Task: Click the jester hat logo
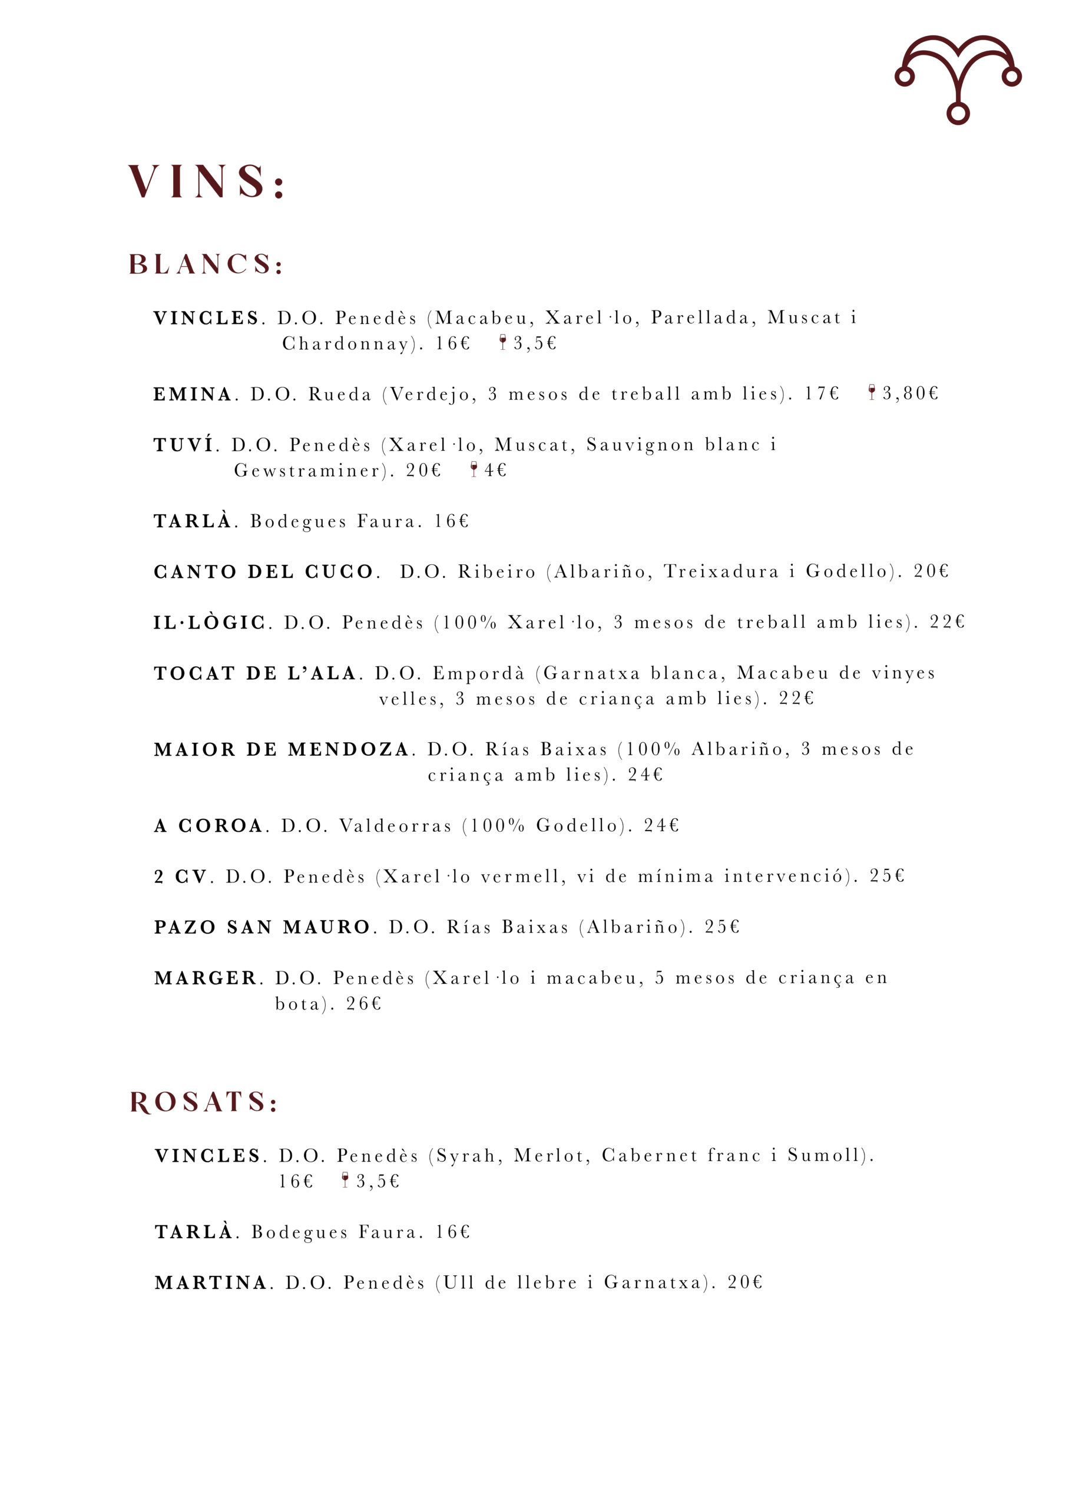(957, 78)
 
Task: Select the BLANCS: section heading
(206, 264)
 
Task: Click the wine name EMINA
(193, 394)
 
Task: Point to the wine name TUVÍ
(184, 445)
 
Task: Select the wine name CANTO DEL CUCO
(263, 571)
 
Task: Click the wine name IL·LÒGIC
(210, 622)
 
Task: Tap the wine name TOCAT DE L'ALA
(255, 673)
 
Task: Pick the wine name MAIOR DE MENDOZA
(281, 749)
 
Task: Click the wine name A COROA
(208, 826)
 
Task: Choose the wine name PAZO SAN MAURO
(262, 927)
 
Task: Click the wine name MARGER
(205, 978)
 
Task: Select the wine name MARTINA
(211, 1283)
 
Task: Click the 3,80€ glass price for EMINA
(910, 393)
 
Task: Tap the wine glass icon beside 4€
(474, 469)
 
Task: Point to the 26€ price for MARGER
(363, 1004)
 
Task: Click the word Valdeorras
(395, 826)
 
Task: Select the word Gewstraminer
(307, 470)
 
